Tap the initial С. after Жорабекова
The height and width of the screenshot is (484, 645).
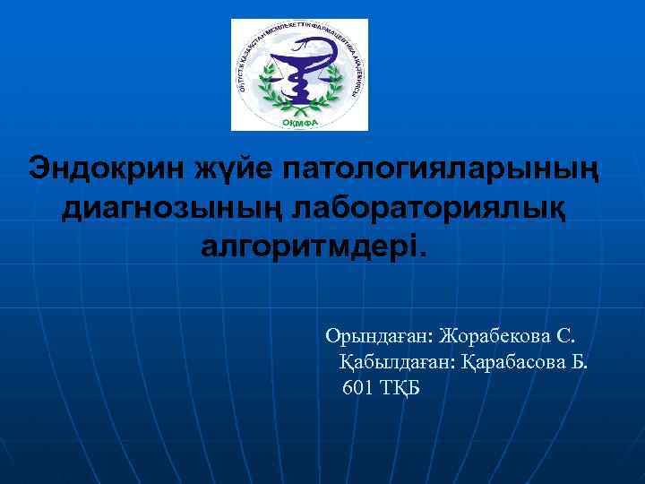(568, 336)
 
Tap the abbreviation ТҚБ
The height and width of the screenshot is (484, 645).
(400, 387)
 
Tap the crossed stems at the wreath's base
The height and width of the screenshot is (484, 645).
(299, 108)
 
